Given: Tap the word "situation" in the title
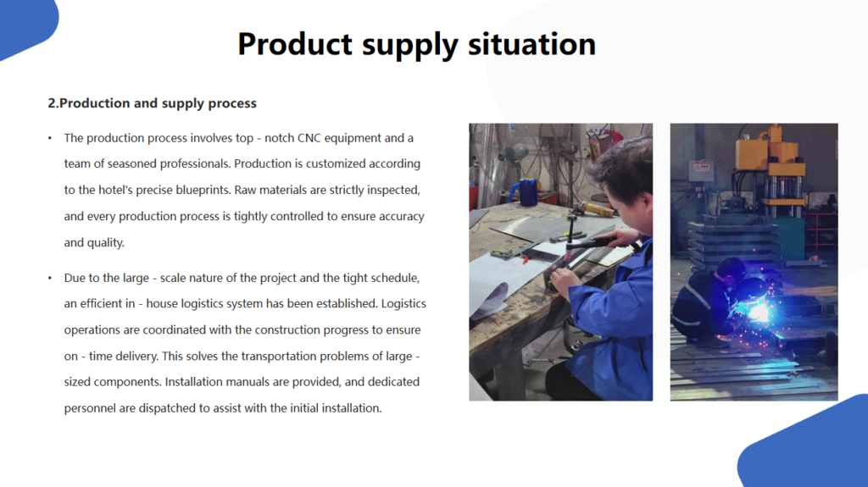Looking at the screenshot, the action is click(x=532, y=44).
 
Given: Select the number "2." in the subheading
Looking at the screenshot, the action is click(x=53, y=103).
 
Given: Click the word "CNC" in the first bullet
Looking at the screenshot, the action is click(x=309, y=138).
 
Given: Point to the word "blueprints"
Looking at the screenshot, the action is click(x=203, y=191).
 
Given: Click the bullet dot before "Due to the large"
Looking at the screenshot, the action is click(x=50, y=278).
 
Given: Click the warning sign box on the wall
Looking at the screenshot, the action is click(x=701, y=166).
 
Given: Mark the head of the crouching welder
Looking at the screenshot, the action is click(x=730, y=271).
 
